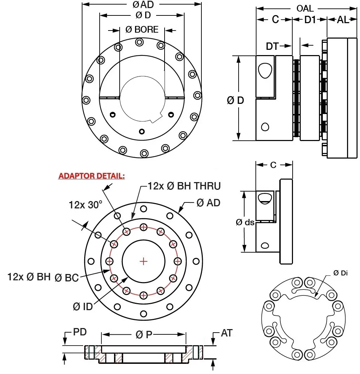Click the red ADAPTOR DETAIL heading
(x=92, y=176)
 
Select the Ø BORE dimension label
(x=142, y=30)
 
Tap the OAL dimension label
(x=305, y=8)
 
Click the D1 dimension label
(x=310, y=20)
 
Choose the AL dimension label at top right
(x=343, y=20)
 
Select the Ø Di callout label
(x=340, y=273)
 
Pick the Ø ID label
(x=83, y=306)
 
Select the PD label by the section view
(x=80, y=332)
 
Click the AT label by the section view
(x=227, y=333)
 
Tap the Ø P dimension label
(x=144, y=335)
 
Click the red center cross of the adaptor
(x=144, y=261)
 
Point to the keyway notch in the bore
(x=156, y=119)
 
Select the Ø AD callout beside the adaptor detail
(x=208, y=202)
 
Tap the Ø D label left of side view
(x=235, y=100)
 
